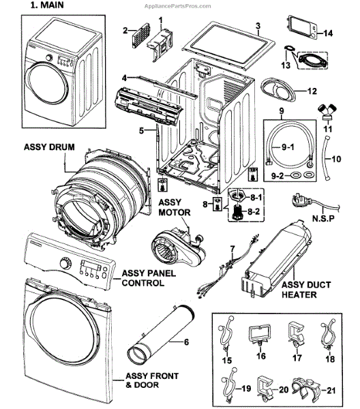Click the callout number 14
(329, 33)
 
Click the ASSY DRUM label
(49, 147)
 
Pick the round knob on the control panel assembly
(65, 263)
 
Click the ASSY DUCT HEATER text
(306, 290)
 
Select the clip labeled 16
(260, 335)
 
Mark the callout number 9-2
(277, 176)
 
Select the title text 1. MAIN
(46, 5)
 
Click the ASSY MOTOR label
(175, 208)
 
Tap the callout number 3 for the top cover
(258, 26)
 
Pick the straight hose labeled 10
(326, 157)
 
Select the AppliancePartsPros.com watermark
(178, 6)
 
